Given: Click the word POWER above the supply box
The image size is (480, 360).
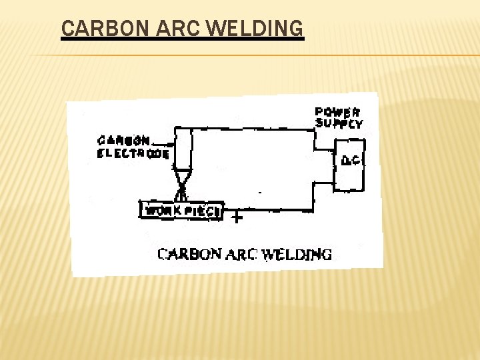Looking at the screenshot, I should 337,113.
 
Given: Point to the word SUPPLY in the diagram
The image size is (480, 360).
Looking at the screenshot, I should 339,123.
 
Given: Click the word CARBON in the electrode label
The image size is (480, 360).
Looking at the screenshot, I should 124,141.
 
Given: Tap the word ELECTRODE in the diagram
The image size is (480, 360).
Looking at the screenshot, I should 133,153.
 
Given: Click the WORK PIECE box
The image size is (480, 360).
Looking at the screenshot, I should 182,211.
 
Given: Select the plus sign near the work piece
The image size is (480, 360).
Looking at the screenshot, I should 235,217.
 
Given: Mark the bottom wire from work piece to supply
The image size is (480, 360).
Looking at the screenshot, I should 273,211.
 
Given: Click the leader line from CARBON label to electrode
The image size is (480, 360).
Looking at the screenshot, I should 164,143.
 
